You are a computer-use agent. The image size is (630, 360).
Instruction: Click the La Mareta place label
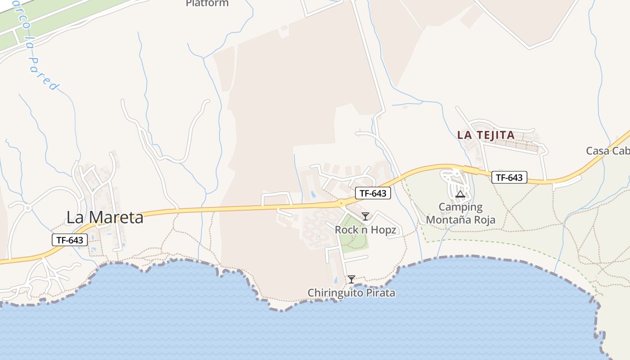105,217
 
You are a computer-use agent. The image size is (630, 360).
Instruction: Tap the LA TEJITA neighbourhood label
486,135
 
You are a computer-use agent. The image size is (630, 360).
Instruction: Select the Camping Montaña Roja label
460,213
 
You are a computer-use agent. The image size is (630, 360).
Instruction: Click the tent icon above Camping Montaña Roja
460,194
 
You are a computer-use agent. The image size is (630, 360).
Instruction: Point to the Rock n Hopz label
365,230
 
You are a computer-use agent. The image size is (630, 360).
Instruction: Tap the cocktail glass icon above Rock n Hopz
365,216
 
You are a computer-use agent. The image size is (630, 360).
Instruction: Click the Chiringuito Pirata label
351,293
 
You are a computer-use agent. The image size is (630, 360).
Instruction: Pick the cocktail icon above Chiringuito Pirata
351,279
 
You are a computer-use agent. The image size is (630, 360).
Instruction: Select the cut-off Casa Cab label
607,151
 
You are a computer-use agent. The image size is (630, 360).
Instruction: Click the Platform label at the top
207,4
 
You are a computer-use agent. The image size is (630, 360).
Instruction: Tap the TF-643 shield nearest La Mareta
70,240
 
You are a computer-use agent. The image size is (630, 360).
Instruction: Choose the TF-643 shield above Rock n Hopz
373,193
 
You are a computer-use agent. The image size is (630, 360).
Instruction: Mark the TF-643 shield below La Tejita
509,177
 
